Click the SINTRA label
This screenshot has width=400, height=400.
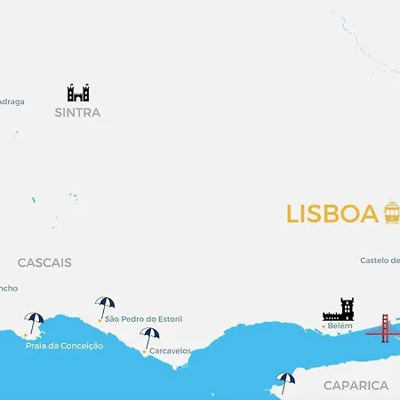[x=77, y=113]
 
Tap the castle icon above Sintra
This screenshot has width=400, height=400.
[x=78, y=92]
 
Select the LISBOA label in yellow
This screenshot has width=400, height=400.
[x=332, y=214]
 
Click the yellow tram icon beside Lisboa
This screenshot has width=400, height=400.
[x=392, y=212]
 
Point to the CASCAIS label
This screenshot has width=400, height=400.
[x=44, y=263]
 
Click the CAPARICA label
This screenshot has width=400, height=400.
[x=356, y=385]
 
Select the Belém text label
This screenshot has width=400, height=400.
[x=340, y=326]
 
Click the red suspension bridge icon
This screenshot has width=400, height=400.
[x=383, y=328]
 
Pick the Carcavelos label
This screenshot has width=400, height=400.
[x=170, y=351]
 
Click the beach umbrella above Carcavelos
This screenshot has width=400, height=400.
[x=149, y=337]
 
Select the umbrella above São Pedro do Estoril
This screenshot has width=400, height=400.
[x=105, y=306]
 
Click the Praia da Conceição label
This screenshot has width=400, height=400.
[x=64, y=345]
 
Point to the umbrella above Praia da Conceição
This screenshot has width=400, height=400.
[x=34, y=322]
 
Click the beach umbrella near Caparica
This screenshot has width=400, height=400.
[x=285, y=381]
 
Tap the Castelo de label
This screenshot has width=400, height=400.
[x=380, y=260]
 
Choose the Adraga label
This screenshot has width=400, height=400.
[x=12, y=101]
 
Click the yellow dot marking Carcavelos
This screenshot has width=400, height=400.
[x=144, y=351]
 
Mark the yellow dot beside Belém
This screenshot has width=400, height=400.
[x=323, y=326]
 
